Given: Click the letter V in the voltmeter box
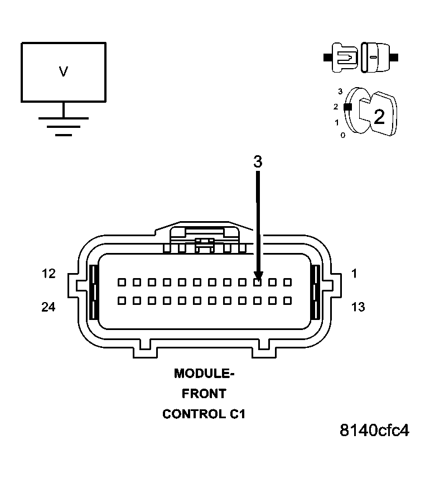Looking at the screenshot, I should pos(64,71).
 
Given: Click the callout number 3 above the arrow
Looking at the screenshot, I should pos(257,162).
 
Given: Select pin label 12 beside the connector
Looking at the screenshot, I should pos(49,274).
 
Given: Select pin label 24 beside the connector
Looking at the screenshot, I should pos(49,307).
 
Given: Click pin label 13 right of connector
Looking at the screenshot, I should pos(358,307).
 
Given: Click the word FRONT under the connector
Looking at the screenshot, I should pos(204,394).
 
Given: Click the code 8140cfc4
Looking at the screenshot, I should pos(374,431).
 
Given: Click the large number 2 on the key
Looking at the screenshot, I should pos(379,116).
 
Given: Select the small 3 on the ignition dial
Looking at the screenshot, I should pos(340,90).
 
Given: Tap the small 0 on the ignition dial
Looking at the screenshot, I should pos(343,135).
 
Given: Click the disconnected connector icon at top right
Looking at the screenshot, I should pos(360,57).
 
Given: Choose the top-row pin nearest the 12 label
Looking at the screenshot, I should pos(121,283).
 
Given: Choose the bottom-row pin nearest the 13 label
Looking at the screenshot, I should pos(288,300).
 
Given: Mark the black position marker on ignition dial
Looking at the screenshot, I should pos(347,106).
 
